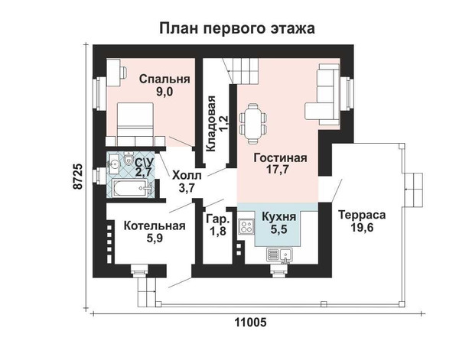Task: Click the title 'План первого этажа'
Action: click(237, 29)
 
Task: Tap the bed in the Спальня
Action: click(135, 124)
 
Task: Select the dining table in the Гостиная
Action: click(253, 124)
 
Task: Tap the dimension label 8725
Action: click(78, 177)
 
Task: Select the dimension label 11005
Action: click(251, 323)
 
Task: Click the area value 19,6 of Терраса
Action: click(362, 228)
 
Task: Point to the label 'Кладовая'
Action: click(211, 124)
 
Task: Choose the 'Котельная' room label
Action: click(155, 226)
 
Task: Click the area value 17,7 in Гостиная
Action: click(278, 170)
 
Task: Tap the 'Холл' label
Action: click(187, 176)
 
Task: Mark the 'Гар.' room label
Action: click(218, 219)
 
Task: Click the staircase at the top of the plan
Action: click(241, 70)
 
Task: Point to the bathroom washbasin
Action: click(114, 162)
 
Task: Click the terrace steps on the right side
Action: click(413, 190)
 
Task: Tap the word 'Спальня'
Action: click(164, 79)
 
